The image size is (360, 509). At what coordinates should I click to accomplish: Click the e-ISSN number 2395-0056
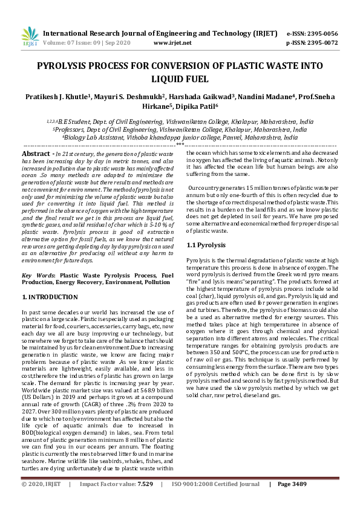pyautogui.click(x=320, y=33)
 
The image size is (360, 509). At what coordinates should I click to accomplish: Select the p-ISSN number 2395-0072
pyautogui.click(x=320, y=43)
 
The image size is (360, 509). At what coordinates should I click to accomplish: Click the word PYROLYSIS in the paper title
pyautogui.click(x=65, y=66)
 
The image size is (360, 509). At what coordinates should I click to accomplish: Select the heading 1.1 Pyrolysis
pyautogui.click(x=206, y=262)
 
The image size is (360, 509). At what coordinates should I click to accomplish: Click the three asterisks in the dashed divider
pyautogui.click(x=180, y=146)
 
